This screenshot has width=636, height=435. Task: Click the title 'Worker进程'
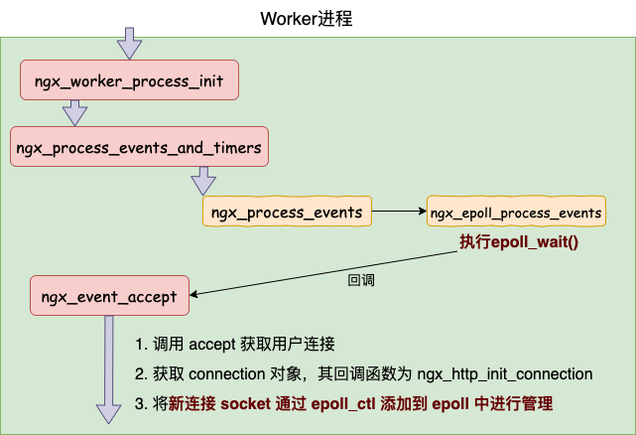[307, 19]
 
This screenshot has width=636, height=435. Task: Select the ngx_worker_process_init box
[129, 80]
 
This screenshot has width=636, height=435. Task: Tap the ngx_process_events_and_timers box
[139, 147]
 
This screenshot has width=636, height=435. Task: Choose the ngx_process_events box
[287, 212]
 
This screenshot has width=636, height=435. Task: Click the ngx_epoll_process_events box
[516, 212]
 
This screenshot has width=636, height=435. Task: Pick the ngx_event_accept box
[109, 295]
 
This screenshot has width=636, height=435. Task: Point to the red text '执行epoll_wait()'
[519, 241]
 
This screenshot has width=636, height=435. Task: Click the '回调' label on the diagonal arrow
[361, 280]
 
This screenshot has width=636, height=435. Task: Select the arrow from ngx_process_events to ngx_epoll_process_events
[399, 211]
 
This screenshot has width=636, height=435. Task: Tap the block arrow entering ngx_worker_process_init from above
[129, 43]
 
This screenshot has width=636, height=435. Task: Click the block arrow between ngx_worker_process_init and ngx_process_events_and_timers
[74, 113]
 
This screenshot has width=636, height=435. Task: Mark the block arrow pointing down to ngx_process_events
[203, 181]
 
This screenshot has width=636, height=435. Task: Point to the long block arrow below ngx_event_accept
[109, 369]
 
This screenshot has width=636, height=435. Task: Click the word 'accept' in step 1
[212, 345]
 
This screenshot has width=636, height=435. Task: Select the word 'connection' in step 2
[227, 373]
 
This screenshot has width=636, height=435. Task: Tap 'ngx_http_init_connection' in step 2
[505, 373]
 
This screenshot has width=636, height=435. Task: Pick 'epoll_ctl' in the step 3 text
[343, 404]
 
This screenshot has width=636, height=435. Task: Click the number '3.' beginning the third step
[140, 404]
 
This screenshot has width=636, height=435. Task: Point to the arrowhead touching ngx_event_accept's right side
[193, 294]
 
